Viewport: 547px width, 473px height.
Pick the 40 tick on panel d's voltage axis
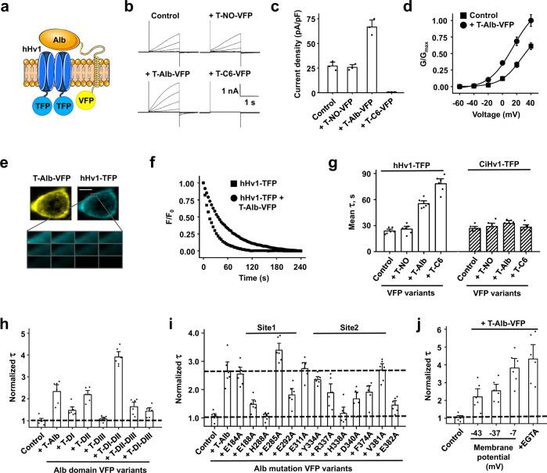click(532, 99)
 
